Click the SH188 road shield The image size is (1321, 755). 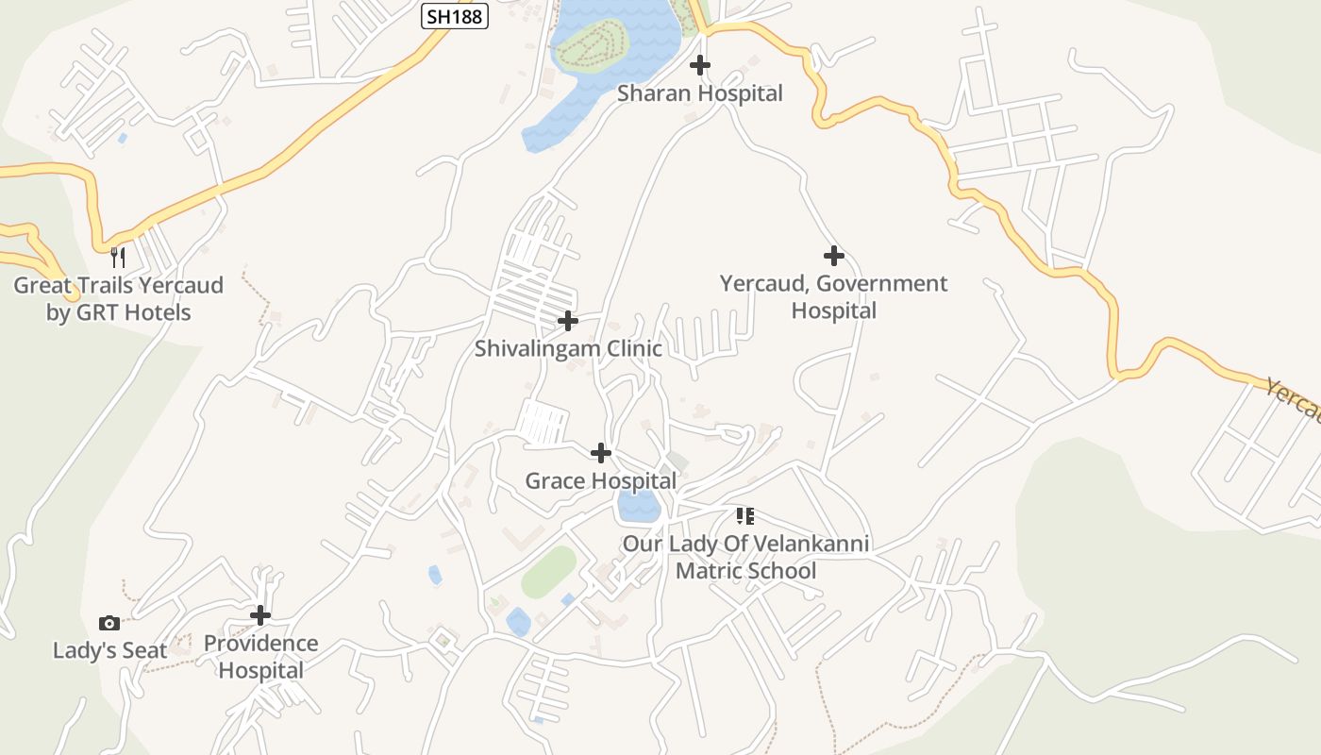click(454, 16)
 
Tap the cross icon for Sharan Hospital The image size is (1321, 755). click(700, 65)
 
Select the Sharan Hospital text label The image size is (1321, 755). click(700, 93)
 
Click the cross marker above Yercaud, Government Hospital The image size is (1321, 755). click(833, 256)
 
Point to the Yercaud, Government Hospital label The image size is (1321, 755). click(833, 296)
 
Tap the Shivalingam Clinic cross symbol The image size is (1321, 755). click(567, 322)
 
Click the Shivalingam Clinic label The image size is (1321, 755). click(567, 348)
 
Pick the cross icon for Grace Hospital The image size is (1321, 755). click(600, 453)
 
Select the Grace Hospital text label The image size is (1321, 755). click(600, 480)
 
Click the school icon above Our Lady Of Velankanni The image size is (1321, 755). click(745, 515)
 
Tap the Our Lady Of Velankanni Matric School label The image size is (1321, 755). click(745, 557)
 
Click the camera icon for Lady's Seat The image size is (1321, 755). click(109, 623)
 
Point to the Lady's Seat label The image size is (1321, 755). click(109, 650)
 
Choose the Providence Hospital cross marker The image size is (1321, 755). click(260, 615)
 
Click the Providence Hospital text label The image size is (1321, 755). click(260, 657)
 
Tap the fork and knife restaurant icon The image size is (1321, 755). click(118, 258)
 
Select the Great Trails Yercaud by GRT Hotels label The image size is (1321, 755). click(118, 298)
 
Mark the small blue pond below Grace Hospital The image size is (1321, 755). click(638, 507)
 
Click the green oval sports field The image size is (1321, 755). click(548, 572)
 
